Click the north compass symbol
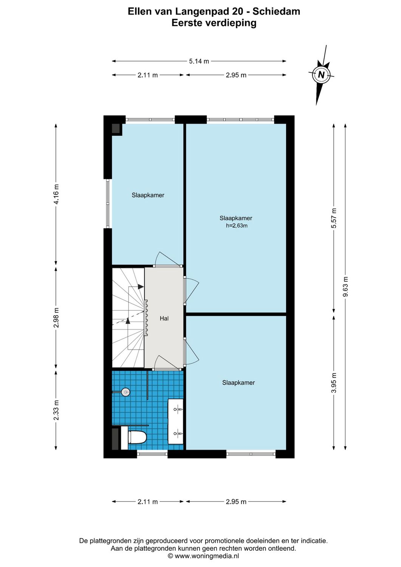[x=321, y=75]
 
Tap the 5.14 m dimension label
[x=199, y=61]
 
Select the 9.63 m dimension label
[x=345, y=287]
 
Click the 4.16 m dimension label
[x=56, y=194]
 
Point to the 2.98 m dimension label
[x=56, y=318]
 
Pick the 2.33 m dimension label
[x=56, y=410]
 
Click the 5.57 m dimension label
[x=333, y=218]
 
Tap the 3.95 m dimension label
[x=333, y=383]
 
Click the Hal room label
[x=164, y=319]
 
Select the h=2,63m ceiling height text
[x=237, y=226]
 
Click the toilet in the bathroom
[x=136, y=437]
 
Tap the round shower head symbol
[x=125, y=392]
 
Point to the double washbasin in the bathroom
[x=176, y=421]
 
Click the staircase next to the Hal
[x=128, y=318]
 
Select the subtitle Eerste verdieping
[x=214, y=23]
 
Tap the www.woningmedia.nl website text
[x=206, y=556]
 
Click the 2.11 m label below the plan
[x=147, y=502]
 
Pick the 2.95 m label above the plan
[x=236, y=75]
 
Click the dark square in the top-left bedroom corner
[x=116, y=129]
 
